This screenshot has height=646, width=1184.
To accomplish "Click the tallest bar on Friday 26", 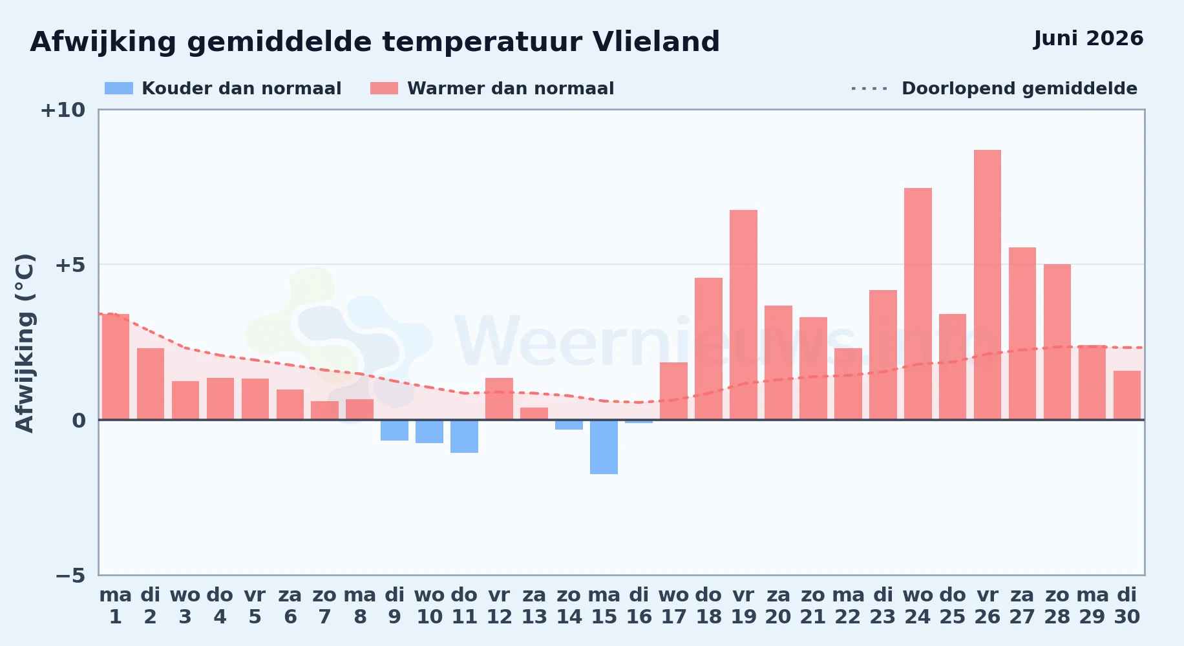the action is pyautogui.click(x=988, y=285).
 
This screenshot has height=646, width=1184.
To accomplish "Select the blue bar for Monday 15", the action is pyautogui.click(x=604, y=447).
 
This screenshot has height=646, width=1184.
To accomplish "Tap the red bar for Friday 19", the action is pyautogui.click(x=743, y=315).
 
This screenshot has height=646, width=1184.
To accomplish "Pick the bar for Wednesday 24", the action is pyautogui.click(x=918, y=304).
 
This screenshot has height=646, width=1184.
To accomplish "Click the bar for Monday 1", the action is pyautogui.click(x=116, y=367).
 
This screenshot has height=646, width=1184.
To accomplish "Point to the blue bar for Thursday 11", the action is pyautogui.click(x=464, y=436).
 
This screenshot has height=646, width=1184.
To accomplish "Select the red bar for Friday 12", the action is pyautogui.click(x=499, y=399).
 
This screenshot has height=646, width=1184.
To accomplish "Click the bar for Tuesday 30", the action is pyautogui.click(x=1127, y=395).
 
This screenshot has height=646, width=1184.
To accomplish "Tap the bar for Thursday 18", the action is pyautogui.click(x=708, y=349).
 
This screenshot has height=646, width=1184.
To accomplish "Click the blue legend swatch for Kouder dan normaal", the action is pyautogui.click(x=119, y=89).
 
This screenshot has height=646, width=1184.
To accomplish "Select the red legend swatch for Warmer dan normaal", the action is pyautogui.click(x=384, y=89).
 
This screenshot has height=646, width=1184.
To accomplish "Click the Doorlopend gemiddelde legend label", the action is pyautogui.click(x=1019, y=89).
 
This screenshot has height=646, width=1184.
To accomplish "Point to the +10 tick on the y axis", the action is pyautogui.click(x=63, y=110).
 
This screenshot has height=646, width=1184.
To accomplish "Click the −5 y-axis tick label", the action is pyautogui.click(x=70, y=575).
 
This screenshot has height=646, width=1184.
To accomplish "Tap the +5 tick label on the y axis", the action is pyautogui.click(x=70, y=265).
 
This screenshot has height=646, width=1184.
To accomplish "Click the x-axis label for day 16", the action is pyautogui.click(x=639, y=606).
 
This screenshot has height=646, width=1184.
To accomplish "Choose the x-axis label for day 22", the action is pyautogui.click(x=848, y=606).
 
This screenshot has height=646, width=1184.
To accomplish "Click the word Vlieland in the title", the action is pyautogui.click(x=656, y=42).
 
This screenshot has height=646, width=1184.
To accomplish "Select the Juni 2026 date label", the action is pyautogui.click(x=1088, y=39).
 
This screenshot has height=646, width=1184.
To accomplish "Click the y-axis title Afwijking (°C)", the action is pyautogui.click(x=25, y=343).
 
